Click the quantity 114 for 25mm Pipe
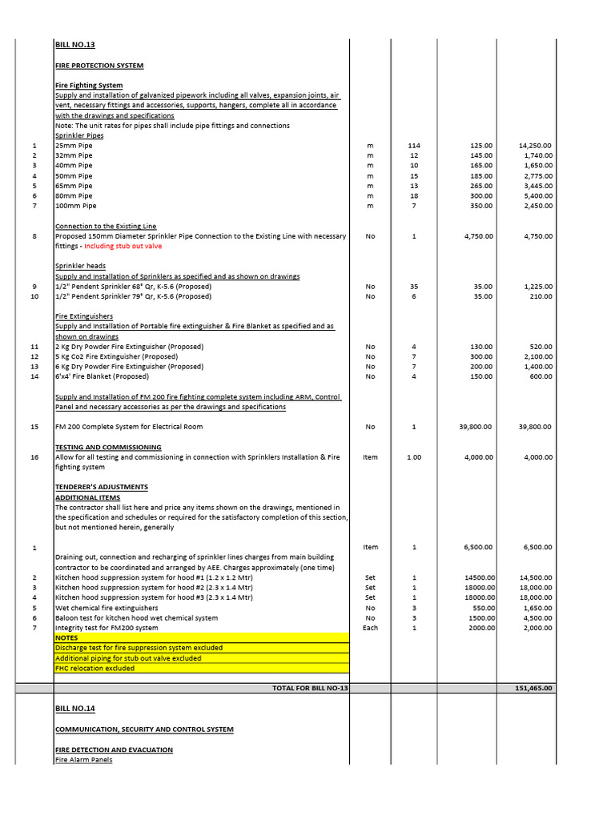414,146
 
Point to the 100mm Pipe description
75,206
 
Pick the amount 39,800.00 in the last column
535,427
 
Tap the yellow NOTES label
66,637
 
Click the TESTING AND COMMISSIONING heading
108,447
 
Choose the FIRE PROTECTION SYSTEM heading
99,65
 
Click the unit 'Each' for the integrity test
370,628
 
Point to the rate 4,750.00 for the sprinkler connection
476,236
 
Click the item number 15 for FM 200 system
34,427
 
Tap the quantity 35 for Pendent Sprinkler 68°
414,286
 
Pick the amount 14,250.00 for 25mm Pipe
535,146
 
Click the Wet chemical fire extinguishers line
107,608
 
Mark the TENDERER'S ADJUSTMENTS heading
101,487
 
